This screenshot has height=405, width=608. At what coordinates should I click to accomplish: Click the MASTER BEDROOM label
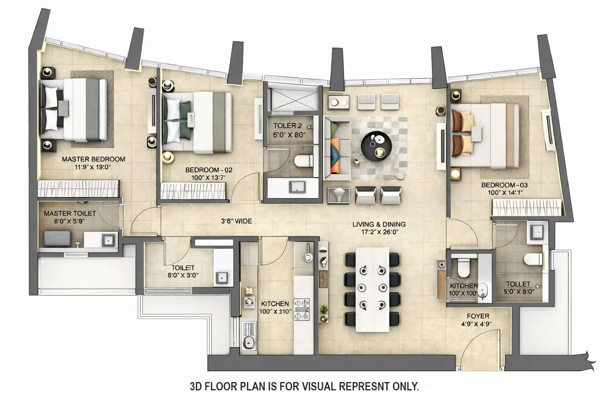tap(93, 159)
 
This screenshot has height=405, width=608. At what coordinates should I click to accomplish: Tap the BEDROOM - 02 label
tap(209, 170)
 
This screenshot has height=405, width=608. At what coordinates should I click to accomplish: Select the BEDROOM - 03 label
tap(504, 185)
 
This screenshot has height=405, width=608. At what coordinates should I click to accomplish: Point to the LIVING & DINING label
tap(379, 224)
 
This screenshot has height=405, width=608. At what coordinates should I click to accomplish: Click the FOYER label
tap(478, 316)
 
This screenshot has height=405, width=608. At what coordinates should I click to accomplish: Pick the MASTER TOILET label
tap(70, 213)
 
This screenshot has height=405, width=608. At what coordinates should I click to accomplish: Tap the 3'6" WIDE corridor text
tap(236, 221)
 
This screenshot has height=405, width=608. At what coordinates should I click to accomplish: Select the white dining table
tap(372, 289)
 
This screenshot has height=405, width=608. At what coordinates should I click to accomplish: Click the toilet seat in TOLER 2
tap(303, 161)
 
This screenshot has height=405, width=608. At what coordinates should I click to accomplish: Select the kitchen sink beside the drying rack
tap(249, 343)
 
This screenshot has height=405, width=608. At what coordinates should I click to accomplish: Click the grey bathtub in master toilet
tap(57, 238)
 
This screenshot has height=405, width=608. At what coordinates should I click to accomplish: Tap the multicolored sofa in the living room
tap(337, 148)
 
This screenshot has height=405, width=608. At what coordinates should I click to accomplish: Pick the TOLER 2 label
tap(287, 126)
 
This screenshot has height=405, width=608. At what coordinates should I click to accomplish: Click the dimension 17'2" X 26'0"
tap(379, 232)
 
